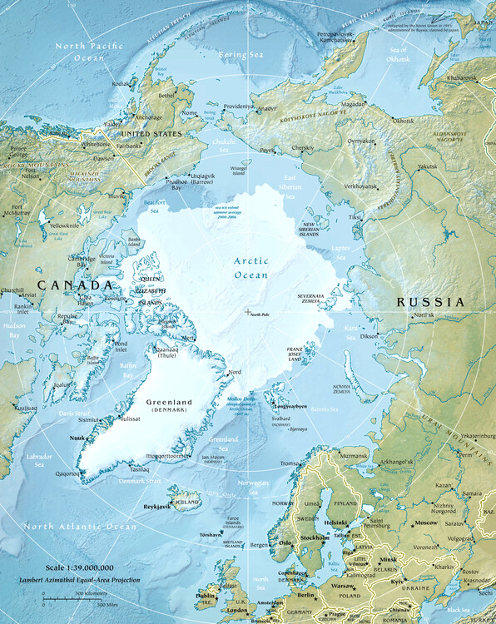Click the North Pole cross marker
[247, 311]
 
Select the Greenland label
[169, 403]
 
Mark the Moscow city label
[426, 522]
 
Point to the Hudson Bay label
[13, 330]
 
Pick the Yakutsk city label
[426, 166]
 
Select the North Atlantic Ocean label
[79, 527]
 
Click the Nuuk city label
[78, 437]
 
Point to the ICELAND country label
[187, 503]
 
